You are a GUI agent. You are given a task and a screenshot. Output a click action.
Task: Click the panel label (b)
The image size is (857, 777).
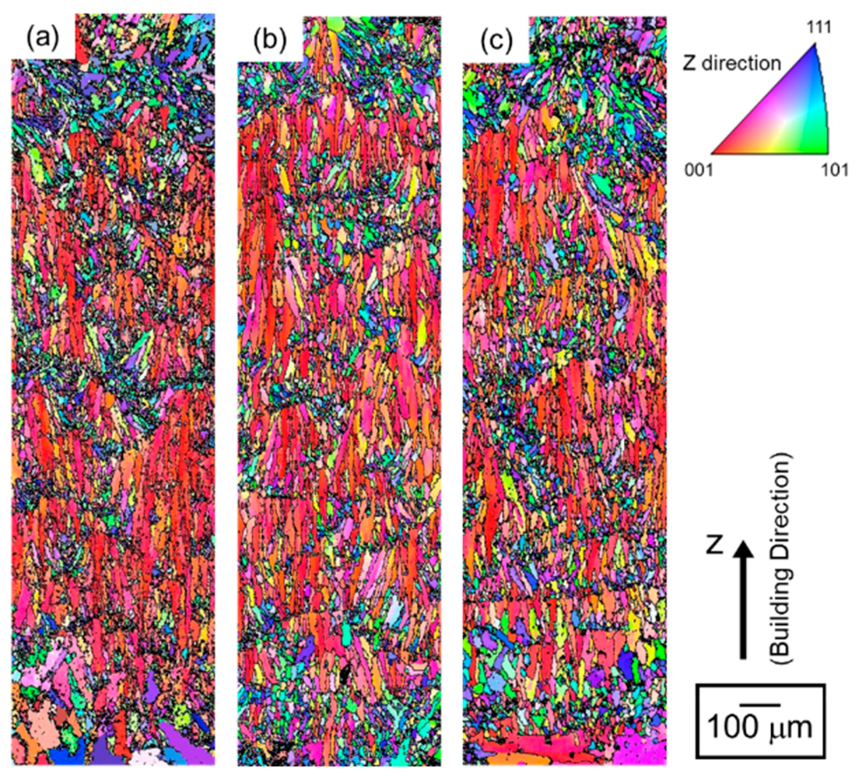pos(270,40)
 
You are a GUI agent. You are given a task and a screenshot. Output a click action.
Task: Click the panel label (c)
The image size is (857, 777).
pos(496,40)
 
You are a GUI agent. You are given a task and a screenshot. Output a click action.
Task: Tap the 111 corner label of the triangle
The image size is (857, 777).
pos(819,27)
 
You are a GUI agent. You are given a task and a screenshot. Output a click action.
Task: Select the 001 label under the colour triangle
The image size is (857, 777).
pos(699,170)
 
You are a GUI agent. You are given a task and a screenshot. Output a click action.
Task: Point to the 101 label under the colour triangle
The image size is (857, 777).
pos(834,170)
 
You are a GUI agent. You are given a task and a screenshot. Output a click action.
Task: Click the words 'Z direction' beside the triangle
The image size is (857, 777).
pos(732,63)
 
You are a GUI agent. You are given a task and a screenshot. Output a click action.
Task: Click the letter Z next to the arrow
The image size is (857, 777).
pos(714,545)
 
